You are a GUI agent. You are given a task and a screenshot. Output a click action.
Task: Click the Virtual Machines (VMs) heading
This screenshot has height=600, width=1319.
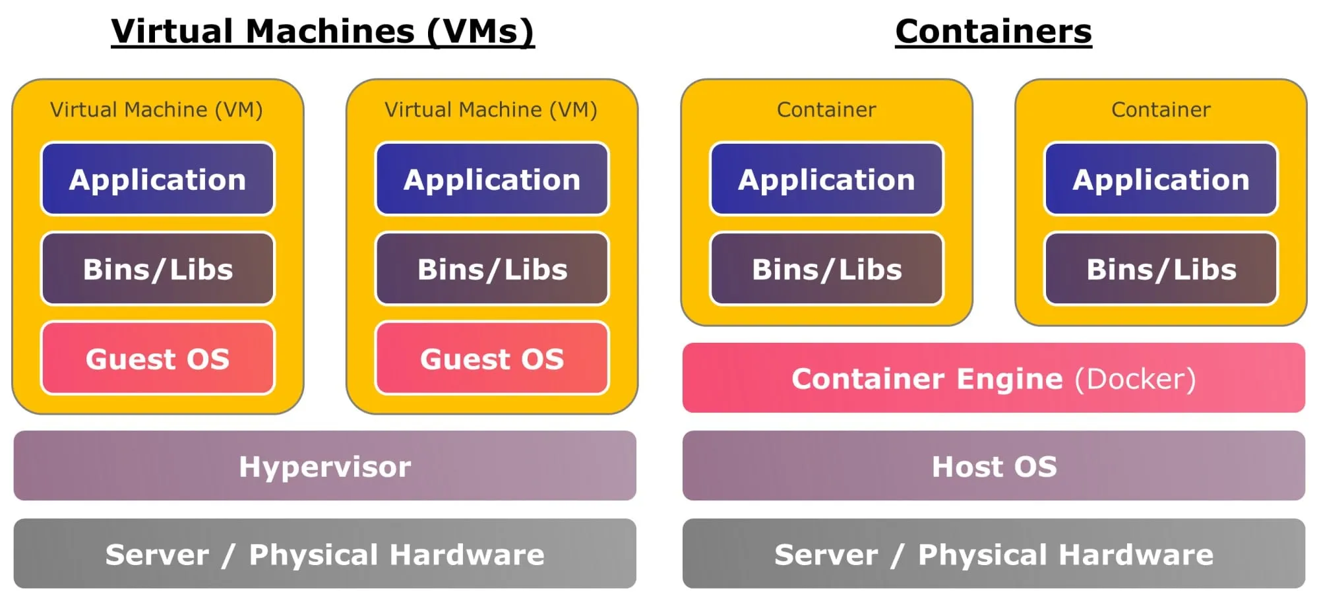tap(322, 31)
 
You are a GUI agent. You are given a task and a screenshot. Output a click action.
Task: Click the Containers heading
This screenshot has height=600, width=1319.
tap(993, 31)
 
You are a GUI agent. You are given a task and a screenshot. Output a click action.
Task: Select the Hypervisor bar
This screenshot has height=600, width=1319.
tap(324, 466)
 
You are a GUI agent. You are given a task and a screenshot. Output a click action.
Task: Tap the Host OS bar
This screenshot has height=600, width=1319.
tap(993, 466)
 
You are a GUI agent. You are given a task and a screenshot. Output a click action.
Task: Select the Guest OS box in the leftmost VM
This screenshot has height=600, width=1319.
tap(158, 359)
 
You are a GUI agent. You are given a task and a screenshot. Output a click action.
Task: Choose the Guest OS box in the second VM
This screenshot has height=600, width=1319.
tap(492, 359)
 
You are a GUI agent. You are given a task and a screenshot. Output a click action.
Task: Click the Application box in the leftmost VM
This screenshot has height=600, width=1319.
tap(158, 179)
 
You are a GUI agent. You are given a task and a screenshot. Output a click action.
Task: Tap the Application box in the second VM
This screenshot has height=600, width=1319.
tap(492, 179)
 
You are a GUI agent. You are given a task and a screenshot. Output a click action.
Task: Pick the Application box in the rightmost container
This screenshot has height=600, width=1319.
tap(1161, 179)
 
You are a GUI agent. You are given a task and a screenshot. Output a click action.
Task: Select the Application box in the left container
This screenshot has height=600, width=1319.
tap(826, 179)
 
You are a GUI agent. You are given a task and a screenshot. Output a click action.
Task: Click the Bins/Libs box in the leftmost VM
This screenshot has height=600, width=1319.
tap(158, 269)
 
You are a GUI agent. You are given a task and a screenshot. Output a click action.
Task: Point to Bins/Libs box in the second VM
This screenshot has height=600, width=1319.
tap(492, 269)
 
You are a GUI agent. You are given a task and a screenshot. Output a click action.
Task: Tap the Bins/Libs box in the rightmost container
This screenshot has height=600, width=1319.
tap(1161, 269)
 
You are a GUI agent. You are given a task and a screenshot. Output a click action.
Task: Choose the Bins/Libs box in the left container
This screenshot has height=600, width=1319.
tap(826, 269)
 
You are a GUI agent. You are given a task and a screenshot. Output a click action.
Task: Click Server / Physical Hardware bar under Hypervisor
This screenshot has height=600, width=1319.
tap(324, 554)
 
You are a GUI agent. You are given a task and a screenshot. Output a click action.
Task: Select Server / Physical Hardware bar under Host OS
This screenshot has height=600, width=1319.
tap(993, 554)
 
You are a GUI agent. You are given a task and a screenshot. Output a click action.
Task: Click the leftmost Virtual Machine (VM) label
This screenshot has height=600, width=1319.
tap(156, 109)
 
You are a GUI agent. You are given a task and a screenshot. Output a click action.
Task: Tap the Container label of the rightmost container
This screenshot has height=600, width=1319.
tap(1161, 109)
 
